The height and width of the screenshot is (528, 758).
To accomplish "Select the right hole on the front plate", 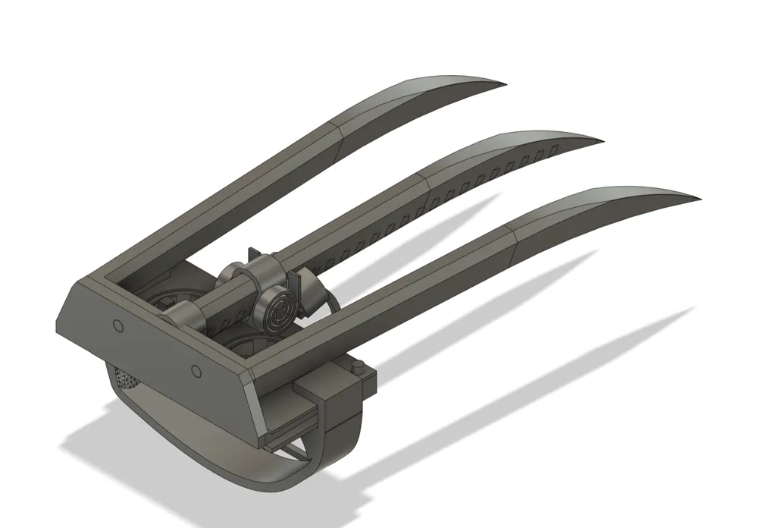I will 196,370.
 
